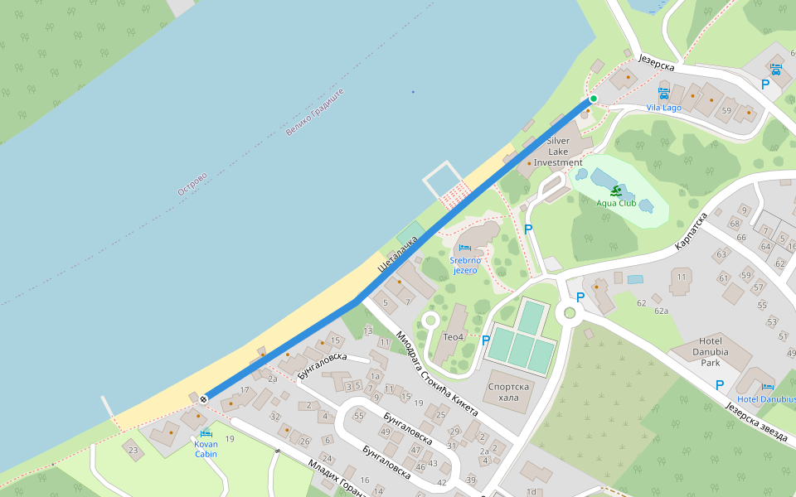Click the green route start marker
[x=594, y=99]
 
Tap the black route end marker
[x=203, y=399]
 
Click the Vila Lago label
[x=663, y=108]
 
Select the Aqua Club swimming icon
[x=615, y=191]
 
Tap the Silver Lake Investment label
[x=558, y=152]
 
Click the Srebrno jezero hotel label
[x=464, y=265]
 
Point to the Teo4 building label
[x=453, y=336]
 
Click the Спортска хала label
[x=509, y=392]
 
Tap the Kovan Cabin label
[x=206, y=449]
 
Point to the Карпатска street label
[x=690, y=232]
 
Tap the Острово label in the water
[x=192, y=184]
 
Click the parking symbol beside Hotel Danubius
[x=720, y=384]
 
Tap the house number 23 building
[x=133, y=451]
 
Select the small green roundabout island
[x=569, y=312]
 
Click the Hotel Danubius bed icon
[x=767, y=387]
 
